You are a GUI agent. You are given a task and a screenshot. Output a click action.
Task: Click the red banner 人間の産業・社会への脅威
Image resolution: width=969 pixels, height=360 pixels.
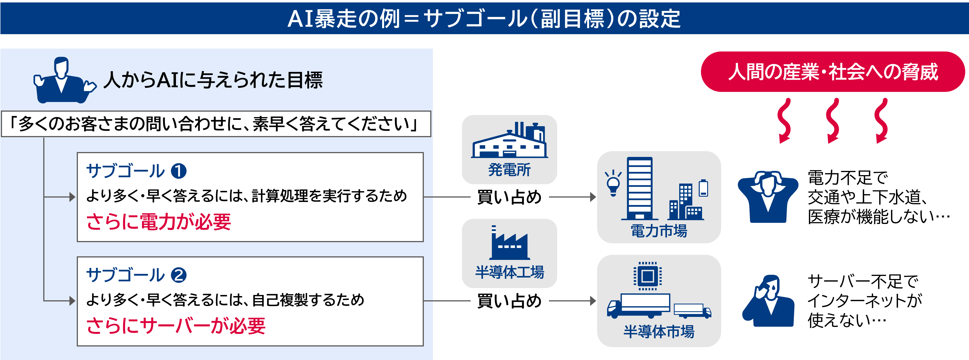(x=833, y=72)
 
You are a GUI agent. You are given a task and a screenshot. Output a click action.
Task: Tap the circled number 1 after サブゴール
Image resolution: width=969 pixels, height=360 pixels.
(x=179, y=171)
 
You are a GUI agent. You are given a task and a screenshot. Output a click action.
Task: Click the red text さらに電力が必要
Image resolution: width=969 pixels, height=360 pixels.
(x=159, y=221)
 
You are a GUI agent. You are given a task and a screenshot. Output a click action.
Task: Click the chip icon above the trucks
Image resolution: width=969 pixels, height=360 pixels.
(x=648, y=276)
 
